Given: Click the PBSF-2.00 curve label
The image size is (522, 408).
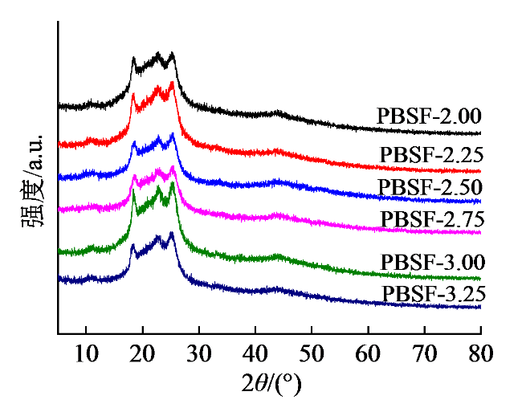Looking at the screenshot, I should point(428,115).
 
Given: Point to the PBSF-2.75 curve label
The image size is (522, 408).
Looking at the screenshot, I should point(433,218).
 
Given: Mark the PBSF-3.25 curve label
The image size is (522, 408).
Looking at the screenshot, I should point(433,292).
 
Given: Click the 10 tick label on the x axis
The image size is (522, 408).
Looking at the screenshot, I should point(84,353).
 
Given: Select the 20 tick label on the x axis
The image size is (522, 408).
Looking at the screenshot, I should point(141,353).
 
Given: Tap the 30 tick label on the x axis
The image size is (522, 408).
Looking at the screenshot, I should point(198,353).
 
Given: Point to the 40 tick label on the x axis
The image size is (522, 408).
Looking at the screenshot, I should point(255,353).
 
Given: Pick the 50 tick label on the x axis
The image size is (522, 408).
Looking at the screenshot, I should point(311,353).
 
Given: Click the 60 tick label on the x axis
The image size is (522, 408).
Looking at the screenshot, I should point(368,353).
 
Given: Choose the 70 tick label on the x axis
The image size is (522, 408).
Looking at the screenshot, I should point(424,353).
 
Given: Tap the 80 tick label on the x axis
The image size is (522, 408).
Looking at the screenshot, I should point(479,353).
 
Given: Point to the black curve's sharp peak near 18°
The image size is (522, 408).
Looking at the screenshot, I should point(134,59).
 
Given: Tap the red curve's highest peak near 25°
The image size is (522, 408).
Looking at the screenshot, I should point(172,83).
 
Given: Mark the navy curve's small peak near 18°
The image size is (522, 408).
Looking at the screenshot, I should point(133,246).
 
